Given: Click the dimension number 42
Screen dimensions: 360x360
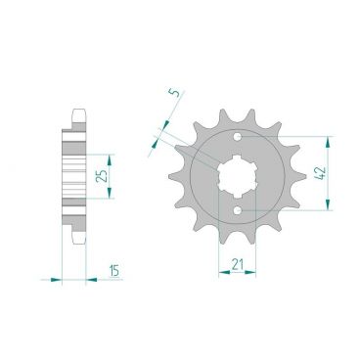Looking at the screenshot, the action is click(x=321, y=173).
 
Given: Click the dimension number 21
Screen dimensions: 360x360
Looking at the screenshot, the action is click(x=238, y=264).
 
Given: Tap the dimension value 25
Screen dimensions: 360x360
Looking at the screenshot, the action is click(x=103, y=176).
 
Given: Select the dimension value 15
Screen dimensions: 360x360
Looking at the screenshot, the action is click(x=113, y=270).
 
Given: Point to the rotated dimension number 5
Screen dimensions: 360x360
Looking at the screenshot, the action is click(x=175, y=94).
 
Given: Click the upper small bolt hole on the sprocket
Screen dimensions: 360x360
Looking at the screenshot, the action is click(x=238, y=136).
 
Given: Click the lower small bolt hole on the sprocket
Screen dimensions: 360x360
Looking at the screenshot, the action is click(x=238, y=210).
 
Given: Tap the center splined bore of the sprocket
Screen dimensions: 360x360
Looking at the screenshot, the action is click(x=238, y=173).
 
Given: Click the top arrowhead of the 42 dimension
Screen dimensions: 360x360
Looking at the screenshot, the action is click(x=329, y=143).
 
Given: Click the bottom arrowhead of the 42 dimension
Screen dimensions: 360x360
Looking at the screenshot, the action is click(x=329, y=204).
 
